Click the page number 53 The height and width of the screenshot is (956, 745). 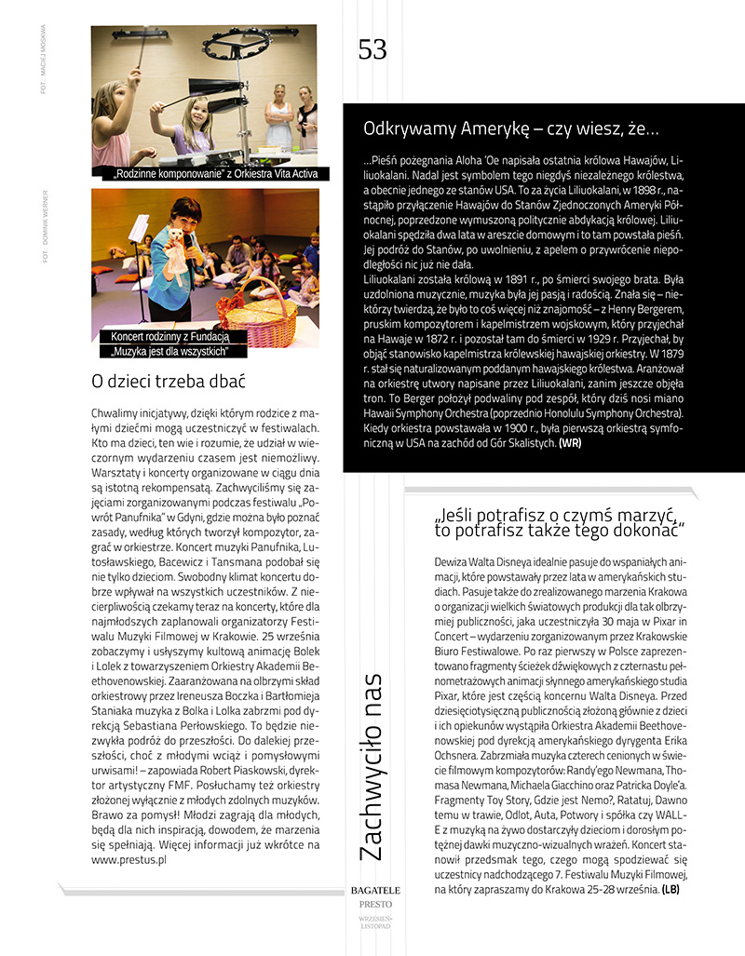tap(372, 49)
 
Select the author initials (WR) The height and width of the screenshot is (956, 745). tap(570, 444)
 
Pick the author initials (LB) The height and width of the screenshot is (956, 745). tap(670, 889)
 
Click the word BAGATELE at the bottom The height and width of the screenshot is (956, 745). tap(375, 890)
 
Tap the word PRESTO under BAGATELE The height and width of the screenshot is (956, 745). tap(375, 904)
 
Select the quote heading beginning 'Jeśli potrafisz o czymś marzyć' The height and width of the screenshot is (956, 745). tap(560, 521)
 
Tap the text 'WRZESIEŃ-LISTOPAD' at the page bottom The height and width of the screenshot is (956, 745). tap(375, 921)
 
